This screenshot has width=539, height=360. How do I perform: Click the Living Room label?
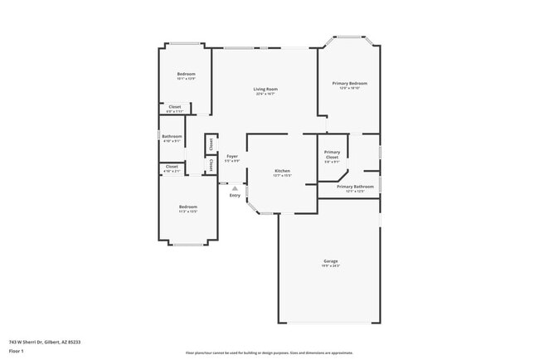pyautogui.click(x=265, y=89)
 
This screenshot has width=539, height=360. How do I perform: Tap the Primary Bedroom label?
pyautogui.click(x=350, y=83)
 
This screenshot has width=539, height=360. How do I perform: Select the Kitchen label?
pyautogui.click(x=282, y=171)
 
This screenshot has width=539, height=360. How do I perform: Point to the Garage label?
pyautogui.click(x=330, y=261)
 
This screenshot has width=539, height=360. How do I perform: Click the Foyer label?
pyautogui.click(x=232, y=156)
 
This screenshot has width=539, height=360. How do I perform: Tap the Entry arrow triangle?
pyautogui.click(x=235, y=188)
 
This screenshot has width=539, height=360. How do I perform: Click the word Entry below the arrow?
pyautogui.click(x=235, y=196)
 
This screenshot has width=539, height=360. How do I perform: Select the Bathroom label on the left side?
pyautogui.click(x=172, y=136)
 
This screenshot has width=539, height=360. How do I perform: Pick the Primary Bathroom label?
pyautogui.click(x=355, y=187)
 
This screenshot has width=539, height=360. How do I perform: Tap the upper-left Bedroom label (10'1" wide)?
pyautogui.click(x=186, y=74)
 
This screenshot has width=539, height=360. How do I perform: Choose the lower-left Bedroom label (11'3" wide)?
pyautogui.click(x=188, y=207)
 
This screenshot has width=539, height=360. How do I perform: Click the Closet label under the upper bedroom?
pyautogui.click(x=175, y=106)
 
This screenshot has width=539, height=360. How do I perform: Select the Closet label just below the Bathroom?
pyautogui.click(x=172, y=166)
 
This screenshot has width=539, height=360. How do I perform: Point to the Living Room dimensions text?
pyautogui.click(x=265, y=94)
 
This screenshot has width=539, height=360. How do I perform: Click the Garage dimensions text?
pyautogui.click(x=330, y=266)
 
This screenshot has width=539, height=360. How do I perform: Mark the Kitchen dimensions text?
pyautogui.click(x=282, y=176)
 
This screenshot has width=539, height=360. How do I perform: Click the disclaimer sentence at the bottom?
pyautogui.click(x=269, y=352)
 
